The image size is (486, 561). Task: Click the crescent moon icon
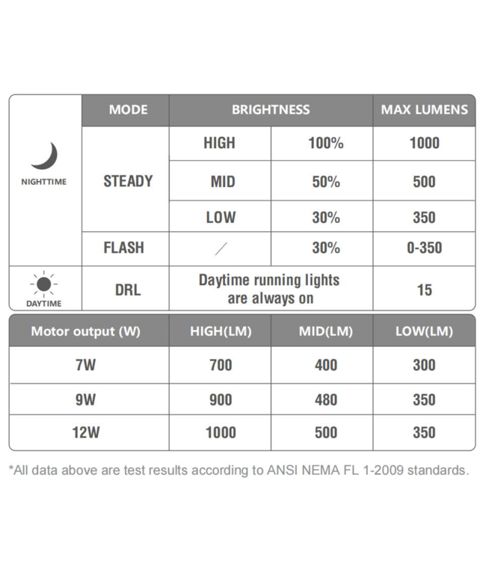(44, 156)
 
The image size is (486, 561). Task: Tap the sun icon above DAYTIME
(44, 284)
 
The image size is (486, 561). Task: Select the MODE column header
(128, 110)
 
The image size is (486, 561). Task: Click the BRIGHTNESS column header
(271, 110)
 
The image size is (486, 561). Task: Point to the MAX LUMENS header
(424, 110)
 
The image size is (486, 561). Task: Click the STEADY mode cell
(128, 181)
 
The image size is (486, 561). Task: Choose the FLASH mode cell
(124, 248)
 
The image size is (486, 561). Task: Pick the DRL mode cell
(128, 289)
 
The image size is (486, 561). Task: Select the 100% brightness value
(325, 144)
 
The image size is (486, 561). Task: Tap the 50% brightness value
(326, 182)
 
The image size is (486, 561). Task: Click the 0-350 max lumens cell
(424, 248)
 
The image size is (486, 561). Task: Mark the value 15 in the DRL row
(424, 289)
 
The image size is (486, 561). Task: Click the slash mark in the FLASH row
(221, 248)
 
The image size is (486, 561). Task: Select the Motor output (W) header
(85, 331)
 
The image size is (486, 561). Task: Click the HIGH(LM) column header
(221, 331)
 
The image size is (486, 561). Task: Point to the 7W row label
(85, 366)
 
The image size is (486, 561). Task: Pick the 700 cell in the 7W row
(221, 366)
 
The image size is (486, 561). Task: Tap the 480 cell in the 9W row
(326, 400)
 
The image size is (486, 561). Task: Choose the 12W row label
(85, 433)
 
